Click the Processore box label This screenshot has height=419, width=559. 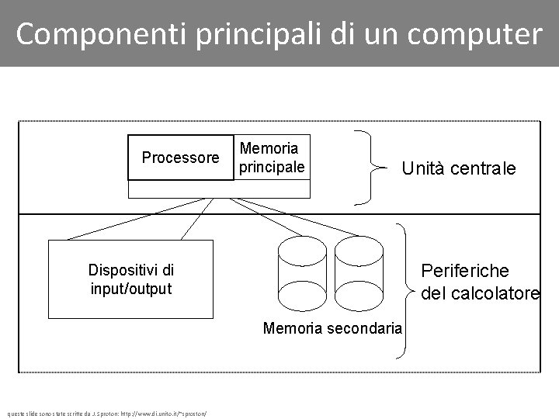tap(180, 158)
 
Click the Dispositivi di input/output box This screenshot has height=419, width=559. tap(130, 279)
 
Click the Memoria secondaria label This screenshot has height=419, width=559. tap(332, 328)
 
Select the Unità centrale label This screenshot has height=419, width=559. tap(458, 168)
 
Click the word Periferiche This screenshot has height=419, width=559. tap(465, 271)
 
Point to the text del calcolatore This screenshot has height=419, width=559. tap(480, 293)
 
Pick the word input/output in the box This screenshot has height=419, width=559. tap(130, 289)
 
